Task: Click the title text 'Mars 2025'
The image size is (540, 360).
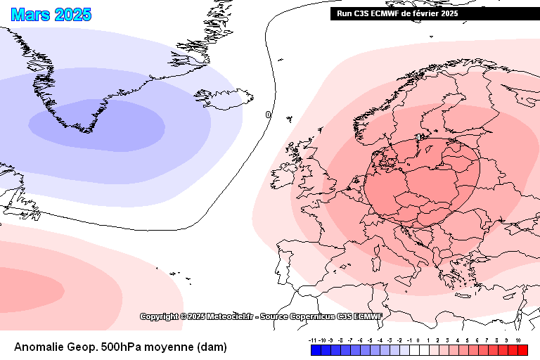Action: (x=51, y=14)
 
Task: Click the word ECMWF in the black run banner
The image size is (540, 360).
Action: (x=391, y=13)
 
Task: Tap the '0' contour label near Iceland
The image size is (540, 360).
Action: (x=268, y=115)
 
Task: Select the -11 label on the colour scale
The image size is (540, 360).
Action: (x=312, y=340)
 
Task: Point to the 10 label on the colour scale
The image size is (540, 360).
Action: (x=518, y=340)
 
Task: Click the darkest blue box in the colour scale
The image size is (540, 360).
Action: (x=316, y=349)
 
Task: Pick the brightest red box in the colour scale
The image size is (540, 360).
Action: (x=522, y=349)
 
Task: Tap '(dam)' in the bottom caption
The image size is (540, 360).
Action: (x=212, y=347)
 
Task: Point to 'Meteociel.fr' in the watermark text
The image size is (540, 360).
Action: (x=229, y=317)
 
